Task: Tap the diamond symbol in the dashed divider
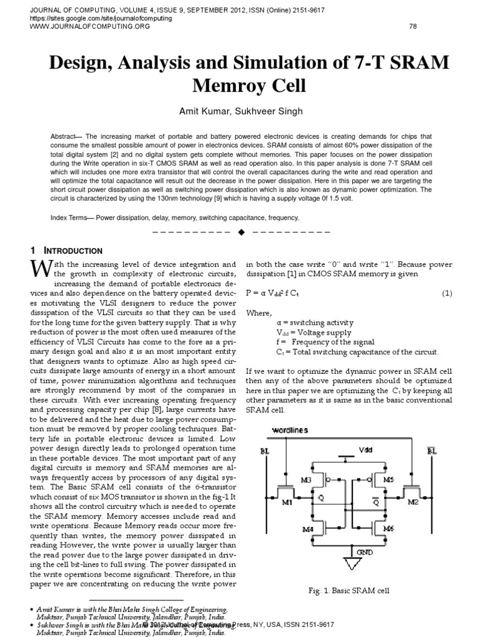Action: (240, 232)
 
